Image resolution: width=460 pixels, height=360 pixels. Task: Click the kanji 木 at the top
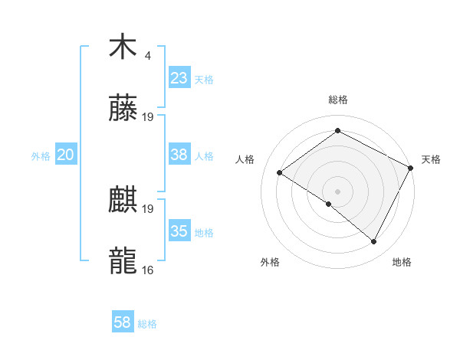[123, 47]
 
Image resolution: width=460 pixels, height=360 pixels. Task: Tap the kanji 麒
[123, 201]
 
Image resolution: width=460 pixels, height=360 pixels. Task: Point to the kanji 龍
[123, 260]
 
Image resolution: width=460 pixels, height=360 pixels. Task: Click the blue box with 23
[179, 77]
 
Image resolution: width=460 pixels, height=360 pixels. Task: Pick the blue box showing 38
[179, 155]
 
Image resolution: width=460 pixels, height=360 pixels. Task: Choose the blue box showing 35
[179, 231]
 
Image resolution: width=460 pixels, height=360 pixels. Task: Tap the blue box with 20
[65, 155]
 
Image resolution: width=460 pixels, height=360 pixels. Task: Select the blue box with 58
[123, 322]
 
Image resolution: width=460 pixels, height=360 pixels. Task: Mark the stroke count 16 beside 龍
[148, 270]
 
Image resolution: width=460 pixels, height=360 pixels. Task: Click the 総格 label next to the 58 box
[147, 324]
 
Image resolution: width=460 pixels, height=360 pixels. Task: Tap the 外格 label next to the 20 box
[41, 156]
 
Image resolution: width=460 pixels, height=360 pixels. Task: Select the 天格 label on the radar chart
[431, 159]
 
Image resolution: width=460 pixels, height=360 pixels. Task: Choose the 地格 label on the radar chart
[402, 262]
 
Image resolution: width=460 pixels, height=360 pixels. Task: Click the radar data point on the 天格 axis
[411, 168]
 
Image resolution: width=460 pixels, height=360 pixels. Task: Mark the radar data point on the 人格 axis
[280, 172]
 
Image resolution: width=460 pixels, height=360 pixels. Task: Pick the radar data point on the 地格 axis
[374, 242]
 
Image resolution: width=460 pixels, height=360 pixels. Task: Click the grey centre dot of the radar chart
[337, 191]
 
